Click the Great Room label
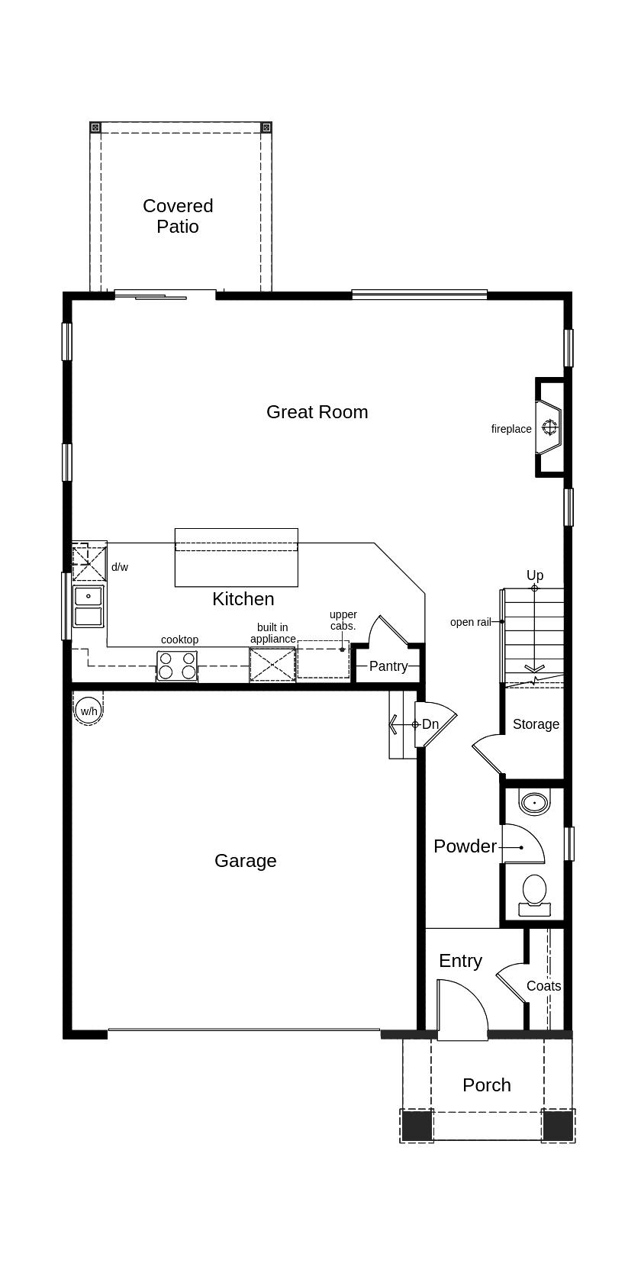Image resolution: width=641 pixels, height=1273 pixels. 317,412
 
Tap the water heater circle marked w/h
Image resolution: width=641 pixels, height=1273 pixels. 89,711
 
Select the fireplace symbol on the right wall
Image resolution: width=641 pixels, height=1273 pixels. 550,427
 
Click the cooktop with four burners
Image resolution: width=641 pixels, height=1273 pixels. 177,666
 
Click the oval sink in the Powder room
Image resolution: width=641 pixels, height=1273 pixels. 534,802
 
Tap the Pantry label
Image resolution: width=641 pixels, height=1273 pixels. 388,666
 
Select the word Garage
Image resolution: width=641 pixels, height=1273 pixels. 245,861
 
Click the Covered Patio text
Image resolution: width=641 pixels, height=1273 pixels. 178,216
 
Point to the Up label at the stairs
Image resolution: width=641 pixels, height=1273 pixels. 534,575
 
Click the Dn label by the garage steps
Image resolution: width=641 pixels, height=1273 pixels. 430,724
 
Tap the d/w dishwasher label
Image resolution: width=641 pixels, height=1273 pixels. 120,567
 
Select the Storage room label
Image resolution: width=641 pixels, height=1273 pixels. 536,724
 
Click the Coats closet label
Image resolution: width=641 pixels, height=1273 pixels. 543,986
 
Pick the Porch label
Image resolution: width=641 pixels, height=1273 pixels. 486,1085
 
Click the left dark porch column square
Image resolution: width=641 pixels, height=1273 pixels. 416,1126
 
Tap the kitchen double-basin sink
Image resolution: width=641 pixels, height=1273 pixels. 89,606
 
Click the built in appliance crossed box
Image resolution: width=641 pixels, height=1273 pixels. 272,664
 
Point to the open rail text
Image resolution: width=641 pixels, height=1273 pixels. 470,622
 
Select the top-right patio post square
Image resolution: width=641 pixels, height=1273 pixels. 266,127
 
